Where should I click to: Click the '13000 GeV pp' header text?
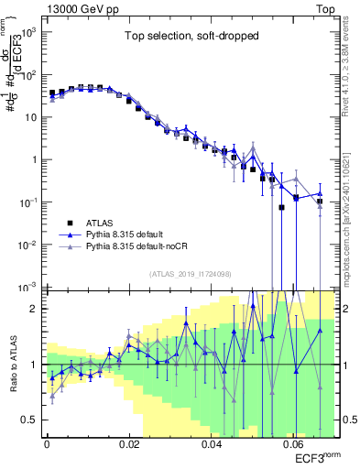(79, 7)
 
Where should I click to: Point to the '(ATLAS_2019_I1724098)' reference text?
(191, 274)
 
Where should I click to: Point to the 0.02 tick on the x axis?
(129, 442)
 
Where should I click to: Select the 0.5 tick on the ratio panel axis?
(32, 420)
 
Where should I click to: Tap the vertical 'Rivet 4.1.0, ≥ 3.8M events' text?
(349, 70)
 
